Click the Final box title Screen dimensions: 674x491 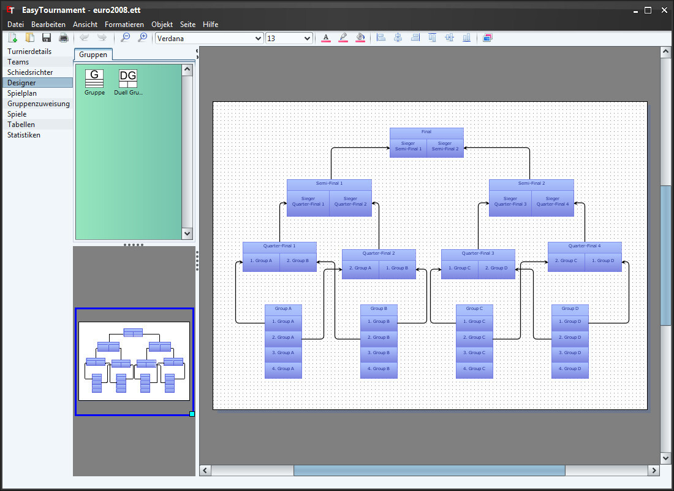[x=426, y=132]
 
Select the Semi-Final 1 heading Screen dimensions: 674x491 [x=329, y=184]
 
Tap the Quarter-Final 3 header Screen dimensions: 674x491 [x=478, y=253]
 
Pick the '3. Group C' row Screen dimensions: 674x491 [x=474, y=353]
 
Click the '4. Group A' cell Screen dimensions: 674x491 [x=283, y=369]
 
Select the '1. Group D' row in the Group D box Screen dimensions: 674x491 [x=570, y=322]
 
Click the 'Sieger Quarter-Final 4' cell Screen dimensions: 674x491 [x=552, y=201]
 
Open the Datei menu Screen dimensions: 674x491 [x=15, y=25]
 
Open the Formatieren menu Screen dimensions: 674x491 [x=124, y=25]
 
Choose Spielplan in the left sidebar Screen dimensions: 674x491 [x=22, y=93]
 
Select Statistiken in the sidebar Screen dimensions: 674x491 [x=24, y=135]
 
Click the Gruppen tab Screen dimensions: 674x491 [x=93, y=55]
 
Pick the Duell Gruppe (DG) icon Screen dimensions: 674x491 [x=128, y=82]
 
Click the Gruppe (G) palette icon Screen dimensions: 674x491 [x=94, y=82]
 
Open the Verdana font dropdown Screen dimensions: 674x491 [x=209, y=38]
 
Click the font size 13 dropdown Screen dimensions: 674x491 [x=289, y=38]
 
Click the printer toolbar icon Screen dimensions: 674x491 [x=64, y=38]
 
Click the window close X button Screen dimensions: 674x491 [x=664, y=10]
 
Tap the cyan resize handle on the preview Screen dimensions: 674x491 [x=192, y=414]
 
